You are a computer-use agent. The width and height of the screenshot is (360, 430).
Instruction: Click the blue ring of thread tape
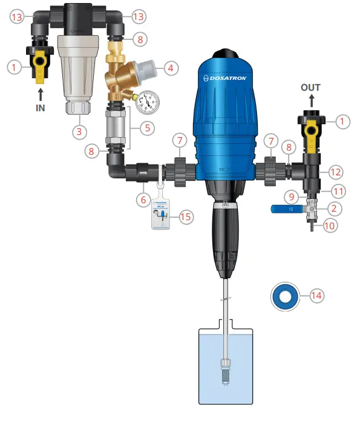pyautogui.click(x=283, y=296)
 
